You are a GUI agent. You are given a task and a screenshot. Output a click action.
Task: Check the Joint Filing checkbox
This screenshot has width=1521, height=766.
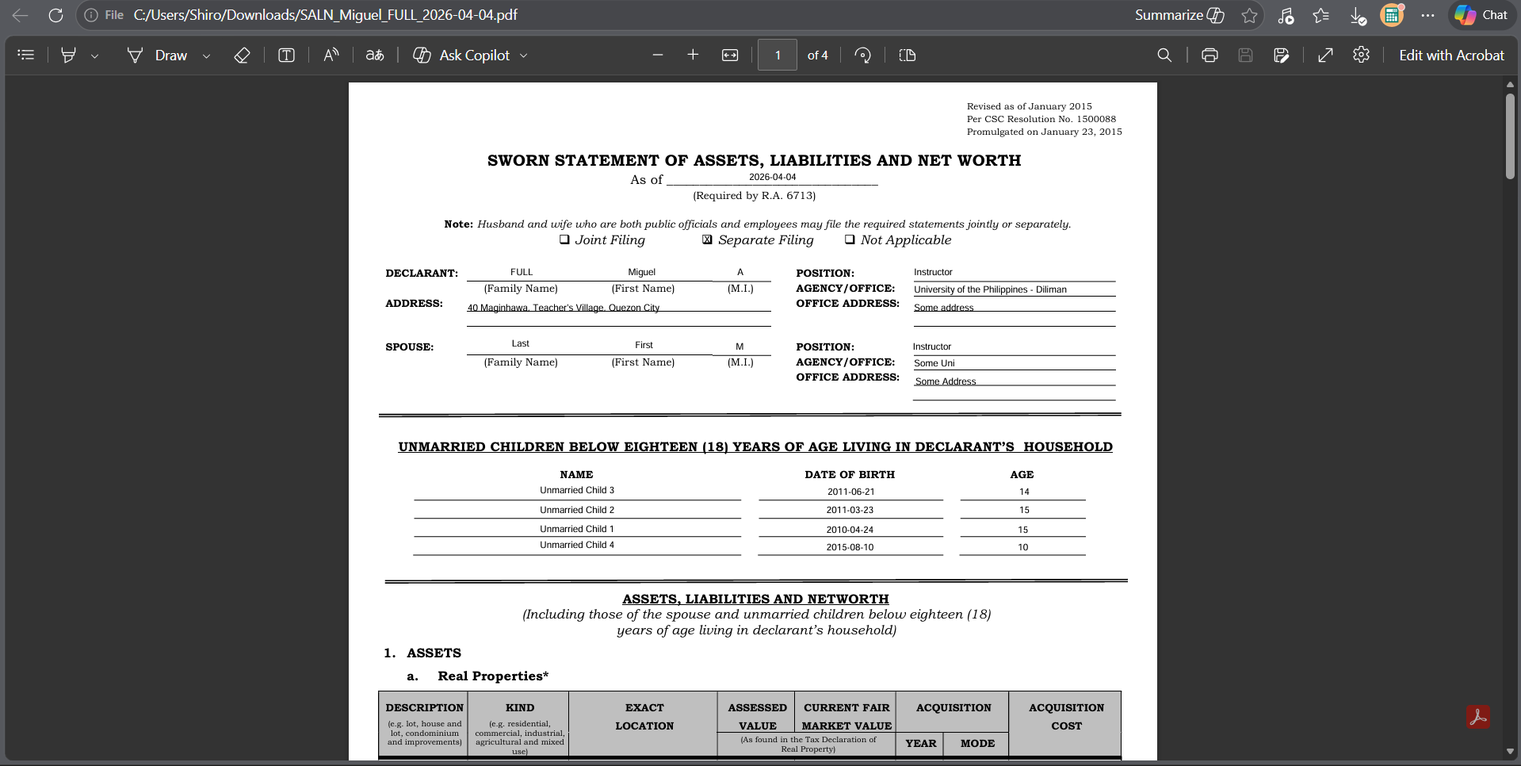click(564, 239)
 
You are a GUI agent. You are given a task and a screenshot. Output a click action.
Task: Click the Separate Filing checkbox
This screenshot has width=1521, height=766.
click(707, 239)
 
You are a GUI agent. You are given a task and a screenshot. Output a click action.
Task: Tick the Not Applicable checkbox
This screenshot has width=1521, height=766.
click(850, 239)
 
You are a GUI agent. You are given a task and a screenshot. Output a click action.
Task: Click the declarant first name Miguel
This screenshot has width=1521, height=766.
click(641, 272)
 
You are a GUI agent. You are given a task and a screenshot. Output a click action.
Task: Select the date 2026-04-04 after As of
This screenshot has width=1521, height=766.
click(772, 177)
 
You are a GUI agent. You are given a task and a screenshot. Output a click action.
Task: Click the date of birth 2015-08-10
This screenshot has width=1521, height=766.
click(850, 547)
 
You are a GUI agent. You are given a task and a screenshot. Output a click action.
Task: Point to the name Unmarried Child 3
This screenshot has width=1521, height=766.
click(577, 490)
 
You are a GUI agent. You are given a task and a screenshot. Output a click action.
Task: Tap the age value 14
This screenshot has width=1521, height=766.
click(1024, 492)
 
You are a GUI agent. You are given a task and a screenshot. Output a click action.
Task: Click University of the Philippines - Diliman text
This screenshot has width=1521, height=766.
click(990, 289)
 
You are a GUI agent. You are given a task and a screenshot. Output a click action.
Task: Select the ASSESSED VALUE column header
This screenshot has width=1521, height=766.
click(757, 716)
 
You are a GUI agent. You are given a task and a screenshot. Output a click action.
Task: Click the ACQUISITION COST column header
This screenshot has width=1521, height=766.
click(1066, 716)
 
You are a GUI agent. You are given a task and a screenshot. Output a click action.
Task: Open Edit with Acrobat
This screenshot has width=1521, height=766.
click(1450, 56)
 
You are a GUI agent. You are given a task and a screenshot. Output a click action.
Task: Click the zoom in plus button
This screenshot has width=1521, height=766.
click(693, 55)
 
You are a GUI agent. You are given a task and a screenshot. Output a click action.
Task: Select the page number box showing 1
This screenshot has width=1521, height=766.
click(778, 56)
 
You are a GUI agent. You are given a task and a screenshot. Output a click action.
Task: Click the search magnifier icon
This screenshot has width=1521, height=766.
click(1164, 56)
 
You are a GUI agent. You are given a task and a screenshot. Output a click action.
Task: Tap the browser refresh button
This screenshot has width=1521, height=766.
click(55, 15)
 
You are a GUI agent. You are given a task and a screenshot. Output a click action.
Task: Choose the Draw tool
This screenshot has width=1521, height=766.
click(159, 56)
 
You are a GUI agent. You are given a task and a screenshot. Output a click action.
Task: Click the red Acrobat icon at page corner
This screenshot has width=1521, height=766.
click(1477, 717)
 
